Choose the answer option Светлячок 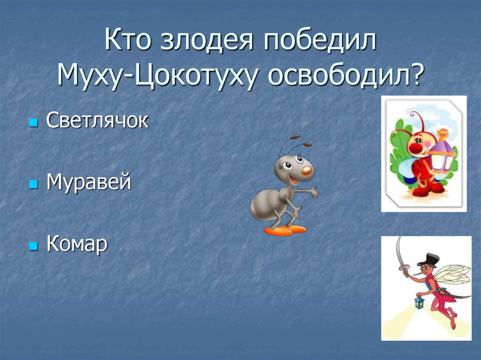97,121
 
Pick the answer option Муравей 88,182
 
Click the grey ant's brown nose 307,170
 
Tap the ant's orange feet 285,230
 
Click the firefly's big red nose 414,149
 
